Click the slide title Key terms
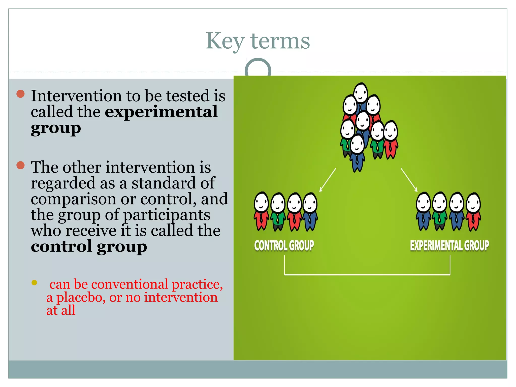click(258, 41)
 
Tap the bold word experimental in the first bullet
click(161, 112)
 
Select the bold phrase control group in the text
click(89, 246)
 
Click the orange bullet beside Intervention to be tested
click(20, 94)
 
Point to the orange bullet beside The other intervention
click(20, 166)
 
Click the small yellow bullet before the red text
click(34, 282)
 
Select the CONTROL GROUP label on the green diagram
click(284, 246)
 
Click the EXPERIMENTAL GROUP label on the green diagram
click(449, 246)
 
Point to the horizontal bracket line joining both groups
click(367, 275)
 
